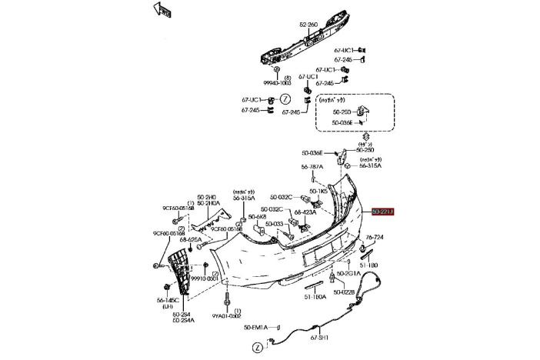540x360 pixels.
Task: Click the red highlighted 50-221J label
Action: pos(382,212)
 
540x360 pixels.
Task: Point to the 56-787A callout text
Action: pos(312,167)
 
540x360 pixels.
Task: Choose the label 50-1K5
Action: pos(319,191)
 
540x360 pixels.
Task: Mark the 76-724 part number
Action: pos(375,237)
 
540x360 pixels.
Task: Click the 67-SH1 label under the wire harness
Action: pos(319,336)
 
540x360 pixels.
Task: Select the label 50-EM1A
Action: pos(256,328)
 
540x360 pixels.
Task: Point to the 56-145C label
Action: pos(168,300)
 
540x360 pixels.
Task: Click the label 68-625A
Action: pos(191,239)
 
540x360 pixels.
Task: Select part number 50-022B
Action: pos(343,292)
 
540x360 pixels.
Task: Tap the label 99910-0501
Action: pos(205,278)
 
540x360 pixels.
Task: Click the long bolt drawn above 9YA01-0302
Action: pos(228,296)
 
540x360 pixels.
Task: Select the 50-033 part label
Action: pos(275,223)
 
